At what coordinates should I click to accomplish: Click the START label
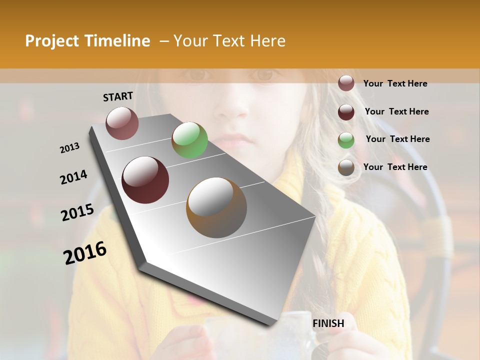(x=118, y=96)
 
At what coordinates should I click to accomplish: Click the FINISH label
(x=328, y=323)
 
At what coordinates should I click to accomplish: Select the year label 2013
(x=70, y=148)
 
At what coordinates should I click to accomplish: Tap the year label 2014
(x=73, y=177)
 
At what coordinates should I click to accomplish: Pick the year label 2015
(x=77, y=212)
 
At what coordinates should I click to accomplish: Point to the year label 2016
(x=85, y=252)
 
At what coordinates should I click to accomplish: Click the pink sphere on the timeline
(x=122, y=123)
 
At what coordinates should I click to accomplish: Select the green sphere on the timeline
(x=189, y=140)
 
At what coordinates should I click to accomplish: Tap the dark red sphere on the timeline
(x=145, y=180)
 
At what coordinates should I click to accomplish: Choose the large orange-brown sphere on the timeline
(x=216, y=207)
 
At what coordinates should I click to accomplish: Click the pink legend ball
(x=346, y=83)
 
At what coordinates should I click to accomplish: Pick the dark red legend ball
(x=346, y=112)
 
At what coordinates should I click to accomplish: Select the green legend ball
(x=346, y=140)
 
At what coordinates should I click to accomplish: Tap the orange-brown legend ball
(x=346, y=168)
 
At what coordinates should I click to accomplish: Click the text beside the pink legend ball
(x=395, y=84)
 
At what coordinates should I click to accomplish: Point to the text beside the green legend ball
(x=397, y=139)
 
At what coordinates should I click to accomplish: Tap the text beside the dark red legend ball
(x=396, y=111)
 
